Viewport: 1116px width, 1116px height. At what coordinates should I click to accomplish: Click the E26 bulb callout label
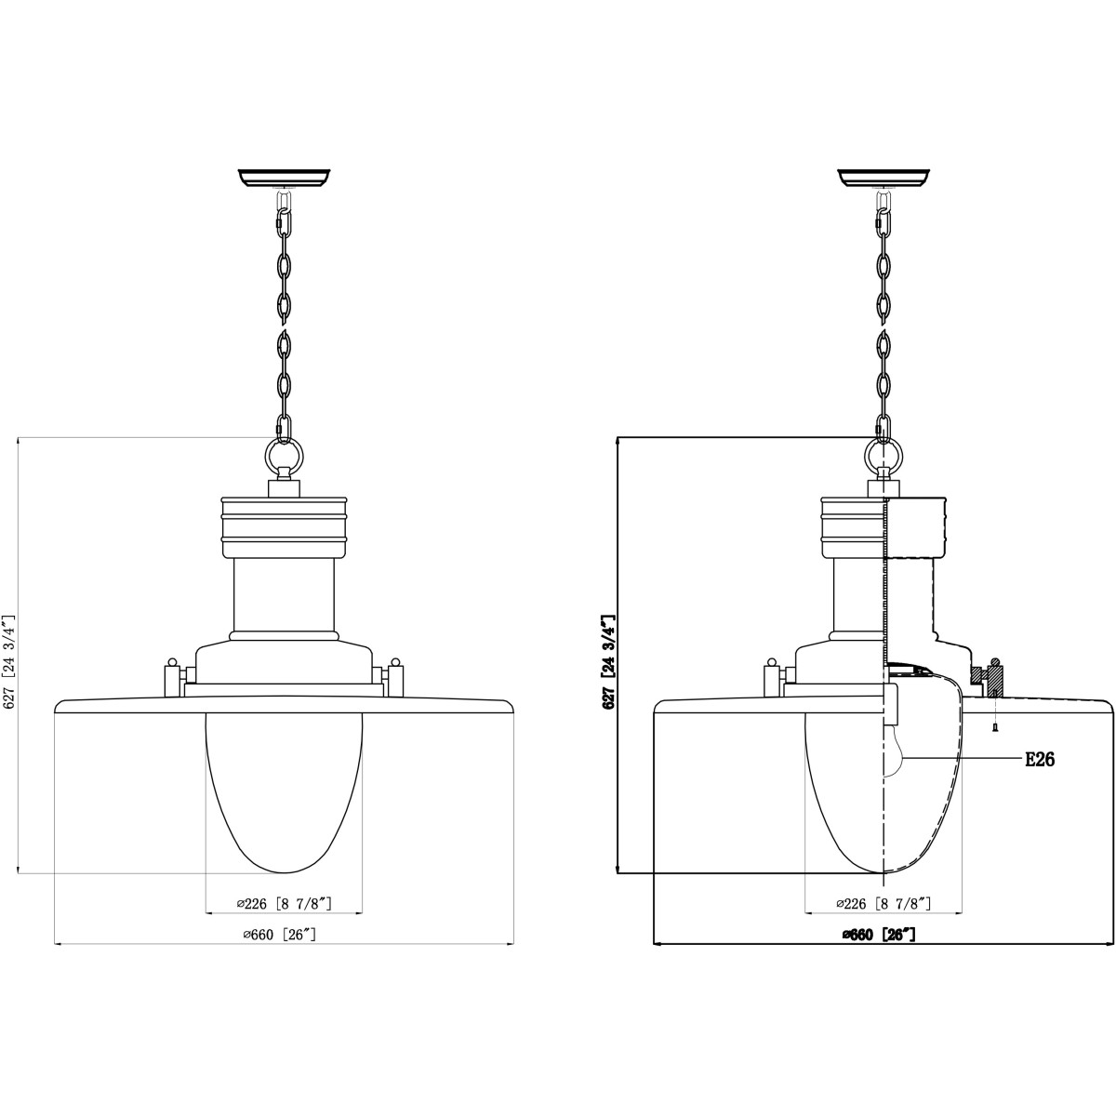(x=1040, y=759)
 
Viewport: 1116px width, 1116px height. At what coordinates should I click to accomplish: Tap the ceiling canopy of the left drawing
(x=285, y=178)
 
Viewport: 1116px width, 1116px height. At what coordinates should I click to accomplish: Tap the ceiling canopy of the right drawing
(x=883, y=178)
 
